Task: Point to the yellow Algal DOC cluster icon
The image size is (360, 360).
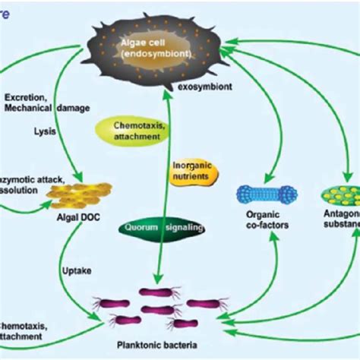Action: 75,195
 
